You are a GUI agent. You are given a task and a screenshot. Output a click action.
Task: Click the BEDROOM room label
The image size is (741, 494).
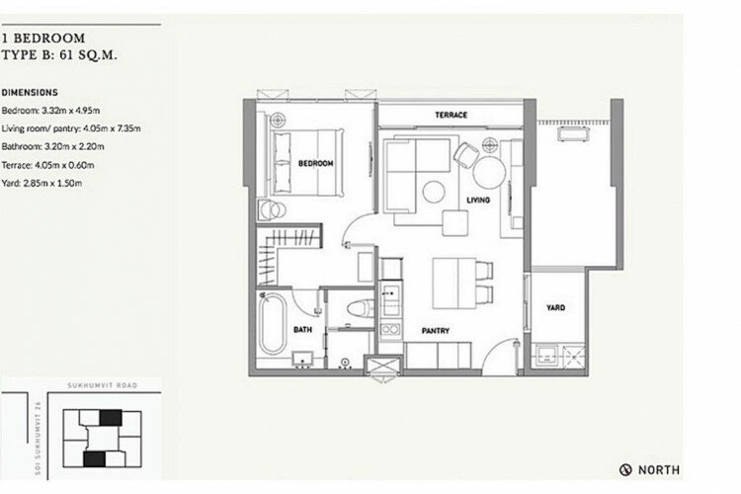pyautogui.click(x=316, y=164)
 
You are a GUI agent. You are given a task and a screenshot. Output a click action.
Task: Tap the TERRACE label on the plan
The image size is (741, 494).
pyautogui.click(x=451, y=115)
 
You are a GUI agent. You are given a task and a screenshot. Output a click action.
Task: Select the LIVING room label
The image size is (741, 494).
pyautogui.click(x=478, y=200)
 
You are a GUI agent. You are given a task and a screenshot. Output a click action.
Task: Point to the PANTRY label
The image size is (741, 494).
pyautogui.click(x=436, y=331)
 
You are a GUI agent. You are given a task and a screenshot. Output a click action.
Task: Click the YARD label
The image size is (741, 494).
pyautogui.click(x=555, y=307)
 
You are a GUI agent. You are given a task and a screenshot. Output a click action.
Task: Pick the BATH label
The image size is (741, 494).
pyautogui.click(x=302, y=329)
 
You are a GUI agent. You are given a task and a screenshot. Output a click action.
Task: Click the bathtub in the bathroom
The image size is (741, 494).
pyautogui.click(x=273, y=323)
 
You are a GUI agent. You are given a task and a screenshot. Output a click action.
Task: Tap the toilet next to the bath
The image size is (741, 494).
pyautogui.click(x=360, y=309)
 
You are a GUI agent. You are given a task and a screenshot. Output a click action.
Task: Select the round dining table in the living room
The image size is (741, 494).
pyautogui.click(x=490, y=172)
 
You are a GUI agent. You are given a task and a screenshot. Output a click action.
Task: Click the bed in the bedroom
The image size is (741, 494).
pyautogui.click(x=306, y=162)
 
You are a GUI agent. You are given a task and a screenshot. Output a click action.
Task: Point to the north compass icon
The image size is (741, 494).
pyautogui.click(x=625, y=470)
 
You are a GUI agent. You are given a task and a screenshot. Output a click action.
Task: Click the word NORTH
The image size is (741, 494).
pyautogui.click(x=659, y=470)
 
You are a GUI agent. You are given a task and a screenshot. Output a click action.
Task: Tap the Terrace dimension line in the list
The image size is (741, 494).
pyautogui.click(x=47, y=165)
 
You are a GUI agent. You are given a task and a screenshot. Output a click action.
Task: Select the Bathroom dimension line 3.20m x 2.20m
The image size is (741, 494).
pyautogui.click(x=53, y=146)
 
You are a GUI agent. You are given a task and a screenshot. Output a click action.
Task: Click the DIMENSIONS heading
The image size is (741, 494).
pyautogui.click(x=30, y=93)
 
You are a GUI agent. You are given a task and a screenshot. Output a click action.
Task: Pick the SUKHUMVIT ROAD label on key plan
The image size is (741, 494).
pyautogui.click(x=102, y=385)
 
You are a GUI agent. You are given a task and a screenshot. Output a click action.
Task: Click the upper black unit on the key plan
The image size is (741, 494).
pyautogui.click(x=111, y=417)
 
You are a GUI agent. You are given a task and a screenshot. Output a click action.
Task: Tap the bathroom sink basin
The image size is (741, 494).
pyautogui.click(x=302, y=359)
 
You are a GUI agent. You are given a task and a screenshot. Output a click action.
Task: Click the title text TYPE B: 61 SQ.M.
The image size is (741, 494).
pyautogui.click(x=59, y=55)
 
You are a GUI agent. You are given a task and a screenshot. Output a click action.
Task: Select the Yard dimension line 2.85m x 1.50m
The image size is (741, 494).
pyautogui.click(x=41, y=183)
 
